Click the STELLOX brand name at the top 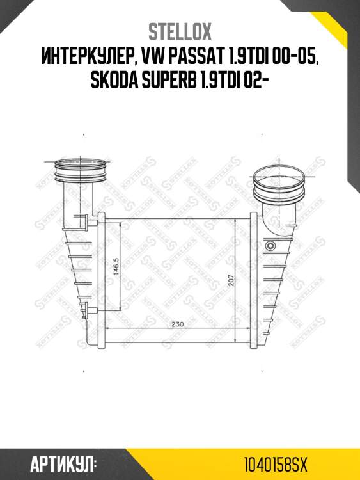(180, 32)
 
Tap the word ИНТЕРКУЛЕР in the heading (86, 56)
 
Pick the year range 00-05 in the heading (293, 56)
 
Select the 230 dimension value (177, 324)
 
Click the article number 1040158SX (276, 465)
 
